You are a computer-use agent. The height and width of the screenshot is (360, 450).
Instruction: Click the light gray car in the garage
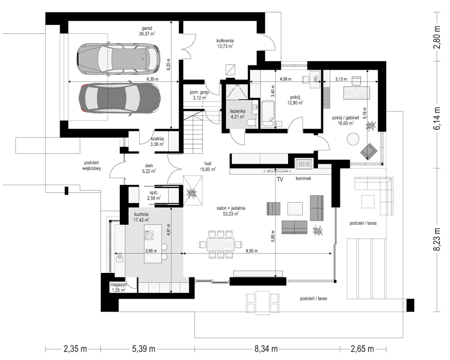[x=119, y=59]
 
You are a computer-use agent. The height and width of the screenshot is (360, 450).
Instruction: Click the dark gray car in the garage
[x=120, y=99]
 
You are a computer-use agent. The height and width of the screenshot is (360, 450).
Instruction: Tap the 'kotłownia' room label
[x=225, y=41]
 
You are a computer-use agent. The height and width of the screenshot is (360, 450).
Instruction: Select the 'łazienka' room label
[x=237, y=111]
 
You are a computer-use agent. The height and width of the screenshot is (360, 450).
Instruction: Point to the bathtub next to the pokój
[x=269, y=113]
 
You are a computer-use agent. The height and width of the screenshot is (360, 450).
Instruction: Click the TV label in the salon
[x=280, y=179]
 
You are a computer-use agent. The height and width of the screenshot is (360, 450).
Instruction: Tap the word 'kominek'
[x=303, y=178]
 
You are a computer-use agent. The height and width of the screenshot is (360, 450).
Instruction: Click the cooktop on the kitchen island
[x=149, y=235]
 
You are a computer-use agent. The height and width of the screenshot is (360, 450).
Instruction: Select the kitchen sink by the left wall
[x=119, y=258]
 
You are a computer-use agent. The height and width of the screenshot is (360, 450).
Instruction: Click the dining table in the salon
[x=221, y=245]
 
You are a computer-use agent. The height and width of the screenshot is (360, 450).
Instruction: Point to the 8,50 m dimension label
[x=252, y=251]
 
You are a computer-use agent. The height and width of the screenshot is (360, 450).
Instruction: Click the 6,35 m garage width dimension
[x=152, y=79]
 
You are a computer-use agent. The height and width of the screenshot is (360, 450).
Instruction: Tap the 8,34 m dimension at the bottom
[x=266, y=349]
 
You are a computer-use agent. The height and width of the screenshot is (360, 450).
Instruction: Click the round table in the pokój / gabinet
[x=353, y=139]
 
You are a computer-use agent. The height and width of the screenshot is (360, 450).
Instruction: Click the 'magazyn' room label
[x=119, y=285]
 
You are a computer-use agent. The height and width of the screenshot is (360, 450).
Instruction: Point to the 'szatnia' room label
[x=157, y=139]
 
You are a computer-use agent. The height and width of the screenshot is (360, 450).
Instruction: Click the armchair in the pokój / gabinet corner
[x=369, y=151]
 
